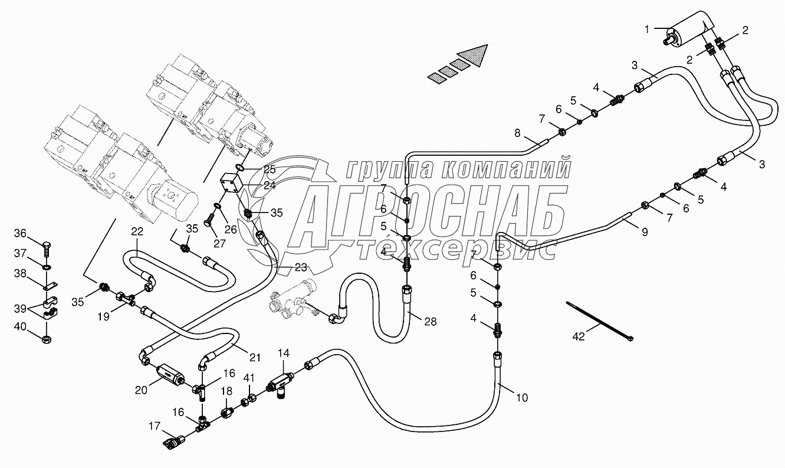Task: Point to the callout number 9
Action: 645,233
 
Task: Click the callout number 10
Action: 522,398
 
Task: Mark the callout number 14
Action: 284,354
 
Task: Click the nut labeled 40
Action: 47,338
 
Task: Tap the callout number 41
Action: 250,377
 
